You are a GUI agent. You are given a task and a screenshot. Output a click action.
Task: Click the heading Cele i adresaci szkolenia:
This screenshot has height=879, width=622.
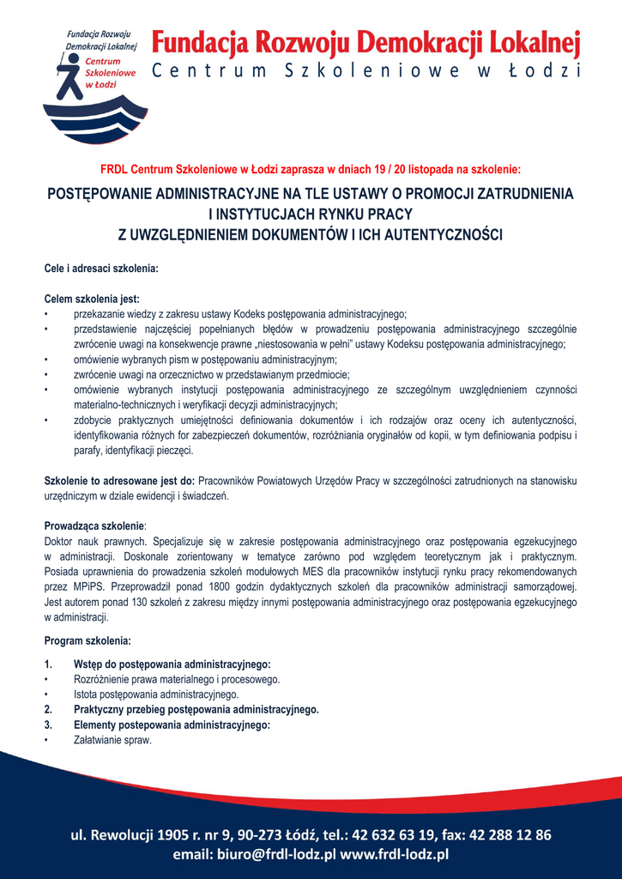tap(101, 269)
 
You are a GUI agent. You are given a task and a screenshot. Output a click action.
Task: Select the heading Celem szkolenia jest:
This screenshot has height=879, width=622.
tap(91, 300)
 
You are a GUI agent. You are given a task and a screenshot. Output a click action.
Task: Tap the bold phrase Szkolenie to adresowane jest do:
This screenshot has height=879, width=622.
tap(119, 481)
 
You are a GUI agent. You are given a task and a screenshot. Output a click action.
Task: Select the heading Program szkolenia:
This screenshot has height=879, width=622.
tap(88, 640)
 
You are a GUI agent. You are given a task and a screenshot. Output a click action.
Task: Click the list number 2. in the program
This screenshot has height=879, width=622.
tap(48, 710)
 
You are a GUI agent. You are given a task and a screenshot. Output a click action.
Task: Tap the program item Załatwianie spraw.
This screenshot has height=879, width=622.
tap(112, 740)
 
